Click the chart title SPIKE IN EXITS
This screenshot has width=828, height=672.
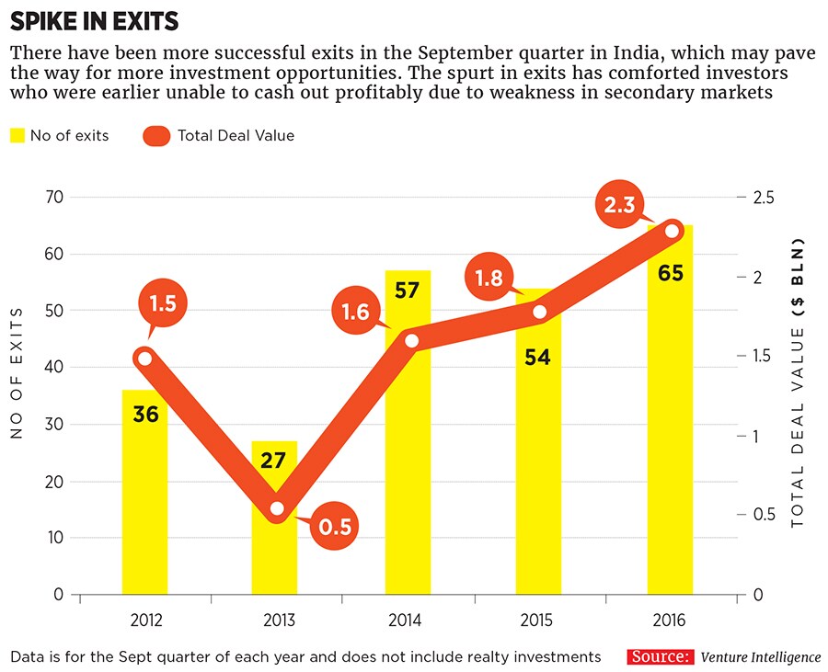95,20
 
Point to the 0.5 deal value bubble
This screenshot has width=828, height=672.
334,527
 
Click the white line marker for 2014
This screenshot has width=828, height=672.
411,341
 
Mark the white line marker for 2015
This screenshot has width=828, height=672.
540,313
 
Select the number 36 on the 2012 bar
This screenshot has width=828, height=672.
145,414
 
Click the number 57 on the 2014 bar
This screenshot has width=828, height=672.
407,290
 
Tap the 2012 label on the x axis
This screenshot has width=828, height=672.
145,621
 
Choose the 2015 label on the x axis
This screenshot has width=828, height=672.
538,621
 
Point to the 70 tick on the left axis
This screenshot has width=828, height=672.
54,197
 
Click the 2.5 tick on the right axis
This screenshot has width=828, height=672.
765,197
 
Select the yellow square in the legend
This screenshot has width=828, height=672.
17,136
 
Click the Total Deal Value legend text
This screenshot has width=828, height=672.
236,136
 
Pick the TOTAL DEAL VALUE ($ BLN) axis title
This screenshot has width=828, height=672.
797,382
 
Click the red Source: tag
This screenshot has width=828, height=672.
661,657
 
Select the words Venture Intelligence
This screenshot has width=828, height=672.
760,657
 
